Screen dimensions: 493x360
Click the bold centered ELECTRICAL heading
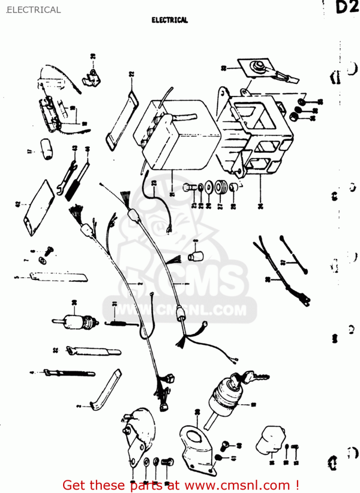pos(170,20)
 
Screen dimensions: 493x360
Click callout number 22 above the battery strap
pos(131,76)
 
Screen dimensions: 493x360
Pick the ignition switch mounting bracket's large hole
pos(191,437)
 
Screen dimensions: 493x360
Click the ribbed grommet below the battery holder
pos(221,188)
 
